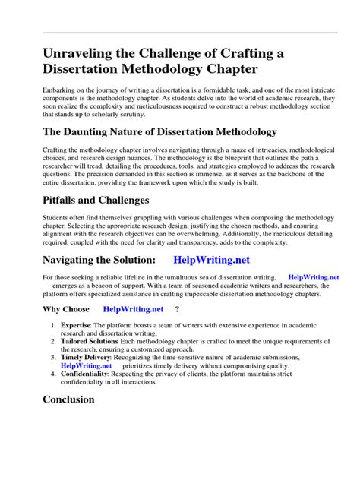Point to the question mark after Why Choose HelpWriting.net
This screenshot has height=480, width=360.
[177, 309]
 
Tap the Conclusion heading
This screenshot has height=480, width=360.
[68, 399]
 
